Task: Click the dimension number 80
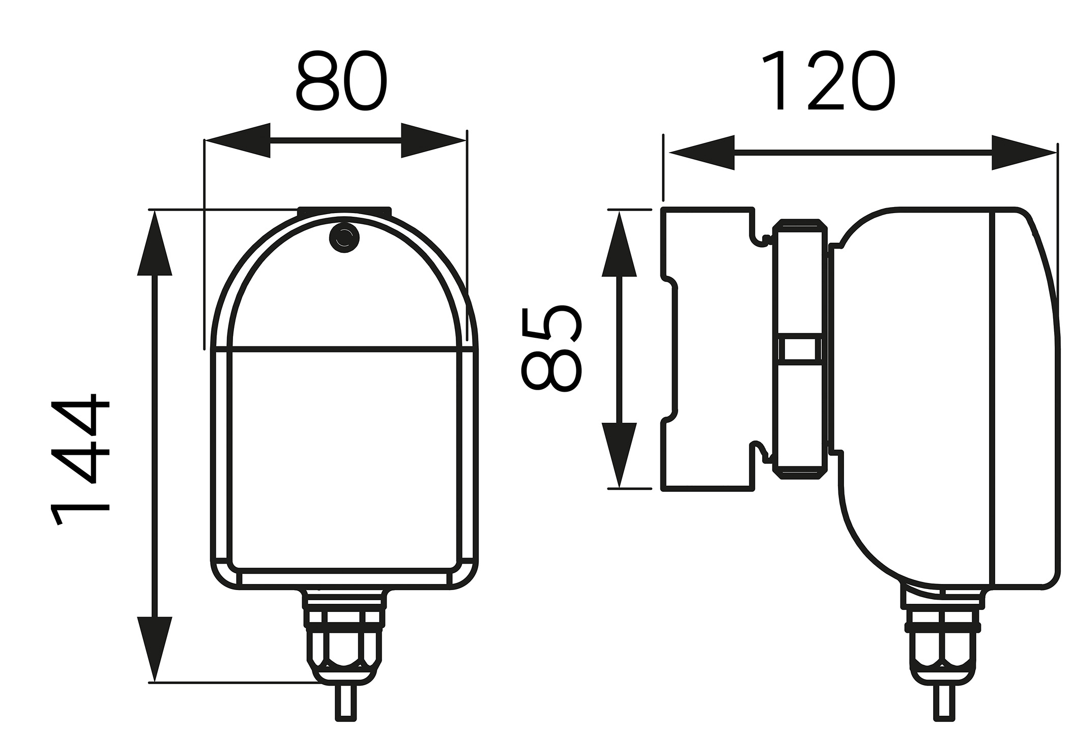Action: [x=341, y=81]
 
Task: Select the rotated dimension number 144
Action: [x=80, y=458]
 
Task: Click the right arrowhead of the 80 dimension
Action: [x=433, y=140]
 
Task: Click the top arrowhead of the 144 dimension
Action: [x=155, y=244]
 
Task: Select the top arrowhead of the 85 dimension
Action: [x=619, y=245]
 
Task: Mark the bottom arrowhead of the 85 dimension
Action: [x=619, y=454]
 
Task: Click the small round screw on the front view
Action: [x=344, y=237]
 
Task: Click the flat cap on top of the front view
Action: [x=344, y=211]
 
